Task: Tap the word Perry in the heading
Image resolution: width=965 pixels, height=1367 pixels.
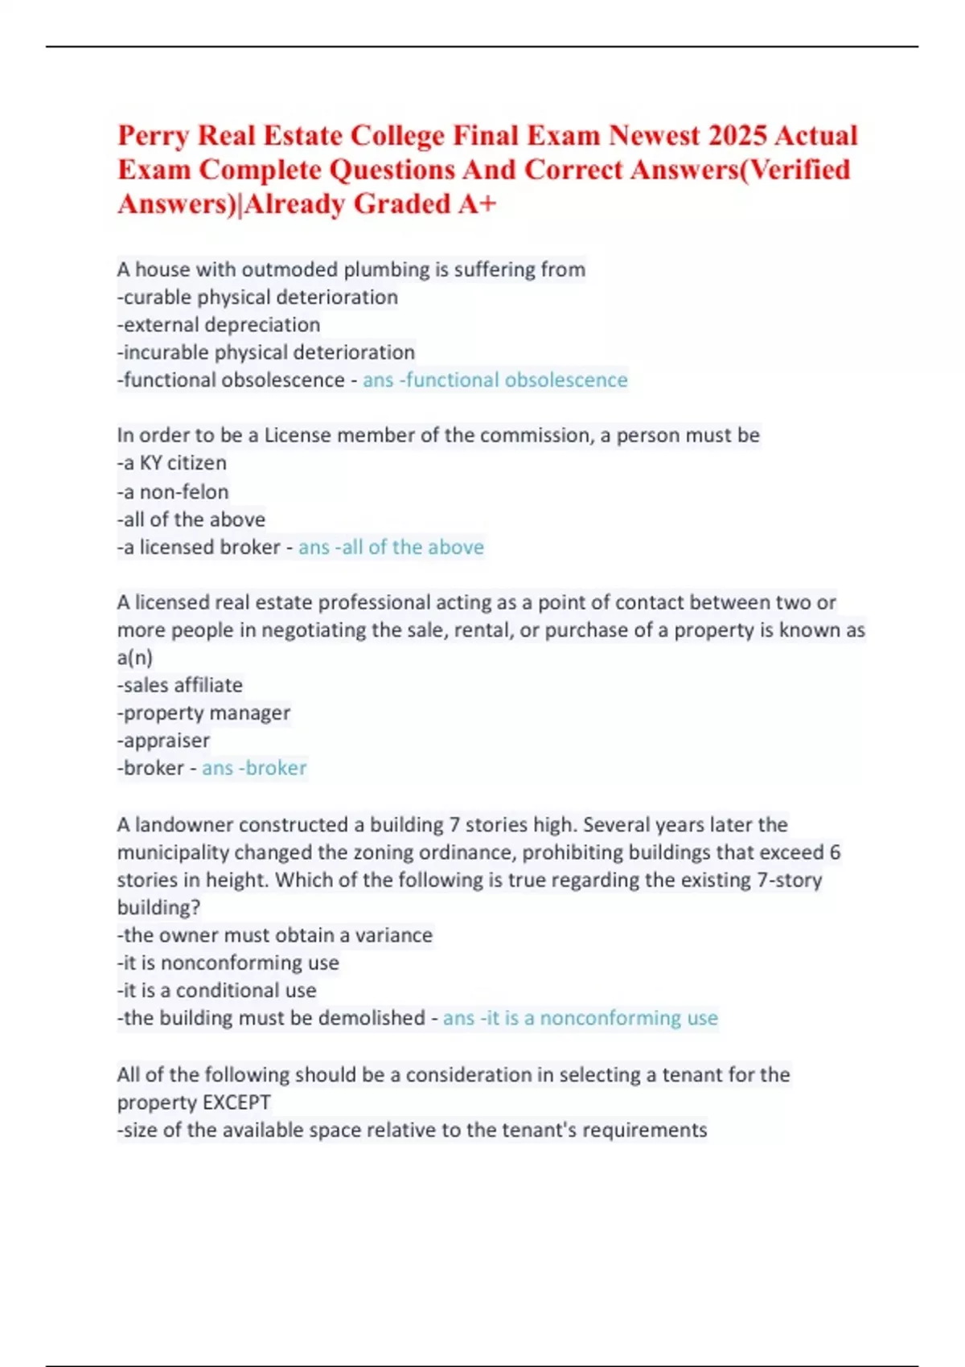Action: [x=154, y=135]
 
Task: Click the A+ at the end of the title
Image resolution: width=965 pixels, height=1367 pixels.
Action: [x=478, y=204]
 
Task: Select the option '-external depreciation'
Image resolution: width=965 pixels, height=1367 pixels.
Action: [x=219, y=325]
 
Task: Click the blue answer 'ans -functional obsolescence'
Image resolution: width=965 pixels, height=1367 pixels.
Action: [x=495, y=380]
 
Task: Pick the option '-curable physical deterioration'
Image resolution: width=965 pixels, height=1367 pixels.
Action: [x=257, y=298]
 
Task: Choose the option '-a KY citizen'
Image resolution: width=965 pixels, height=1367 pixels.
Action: [x=172, y=463]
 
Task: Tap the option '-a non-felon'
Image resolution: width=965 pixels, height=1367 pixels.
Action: [x=173, y=491]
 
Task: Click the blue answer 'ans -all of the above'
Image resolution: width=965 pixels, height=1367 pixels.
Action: [x=391, y=548]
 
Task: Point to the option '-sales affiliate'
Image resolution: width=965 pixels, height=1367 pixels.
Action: [x=180, y=685]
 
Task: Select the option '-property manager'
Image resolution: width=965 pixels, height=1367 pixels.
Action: [x=203, y=713]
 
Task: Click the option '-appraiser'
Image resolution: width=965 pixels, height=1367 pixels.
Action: [x=163, y=741]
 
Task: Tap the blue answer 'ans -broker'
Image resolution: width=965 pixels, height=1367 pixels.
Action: [x=254, y=768]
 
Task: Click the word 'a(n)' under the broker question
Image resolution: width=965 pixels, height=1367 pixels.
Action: [x=135, y=658]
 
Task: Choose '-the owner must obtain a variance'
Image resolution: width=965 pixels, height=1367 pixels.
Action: [x=275, y=935]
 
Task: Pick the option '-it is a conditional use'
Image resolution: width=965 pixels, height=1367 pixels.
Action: [x=217, y=991]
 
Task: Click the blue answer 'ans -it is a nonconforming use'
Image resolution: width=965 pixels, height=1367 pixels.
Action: [x=580, y=1018]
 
